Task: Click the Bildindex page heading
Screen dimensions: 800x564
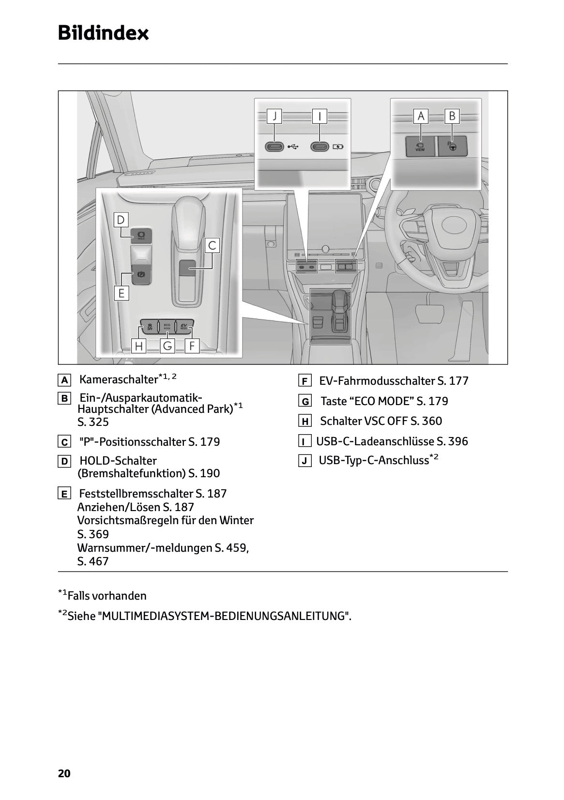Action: (x=103, y=33)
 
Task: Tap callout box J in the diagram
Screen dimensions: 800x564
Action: (x=274, y=116)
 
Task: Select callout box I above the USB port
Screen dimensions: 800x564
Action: (x=320, y=116)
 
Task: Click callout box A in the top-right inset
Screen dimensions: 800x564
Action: (x=421, y=116)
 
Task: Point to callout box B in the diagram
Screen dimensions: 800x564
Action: (x=452, y=116)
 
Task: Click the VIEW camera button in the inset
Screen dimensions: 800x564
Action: (x=420, y=146)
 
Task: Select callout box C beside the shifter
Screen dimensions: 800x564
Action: (x=212, y=245)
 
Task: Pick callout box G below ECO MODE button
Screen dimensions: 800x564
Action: (x=168, y=346)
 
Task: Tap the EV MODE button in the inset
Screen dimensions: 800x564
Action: (x=183, y=325)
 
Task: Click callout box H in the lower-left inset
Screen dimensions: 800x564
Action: (x=139, y=346)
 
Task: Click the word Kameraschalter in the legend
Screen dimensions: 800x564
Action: (x=119, y=379)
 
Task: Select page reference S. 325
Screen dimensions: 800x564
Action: (x=93, y=422)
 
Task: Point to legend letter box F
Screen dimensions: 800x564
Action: (x=305, y=381)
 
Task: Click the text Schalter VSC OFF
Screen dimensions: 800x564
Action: (x=364, y=421)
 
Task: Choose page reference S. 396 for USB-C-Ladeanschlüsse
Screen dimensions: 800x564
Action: (x=452, y=441)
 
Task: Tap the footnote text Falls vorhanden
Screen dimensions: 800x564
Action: (x=107, y=596)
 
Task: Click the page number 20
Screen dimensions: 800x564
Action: (x=64, y=773)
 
